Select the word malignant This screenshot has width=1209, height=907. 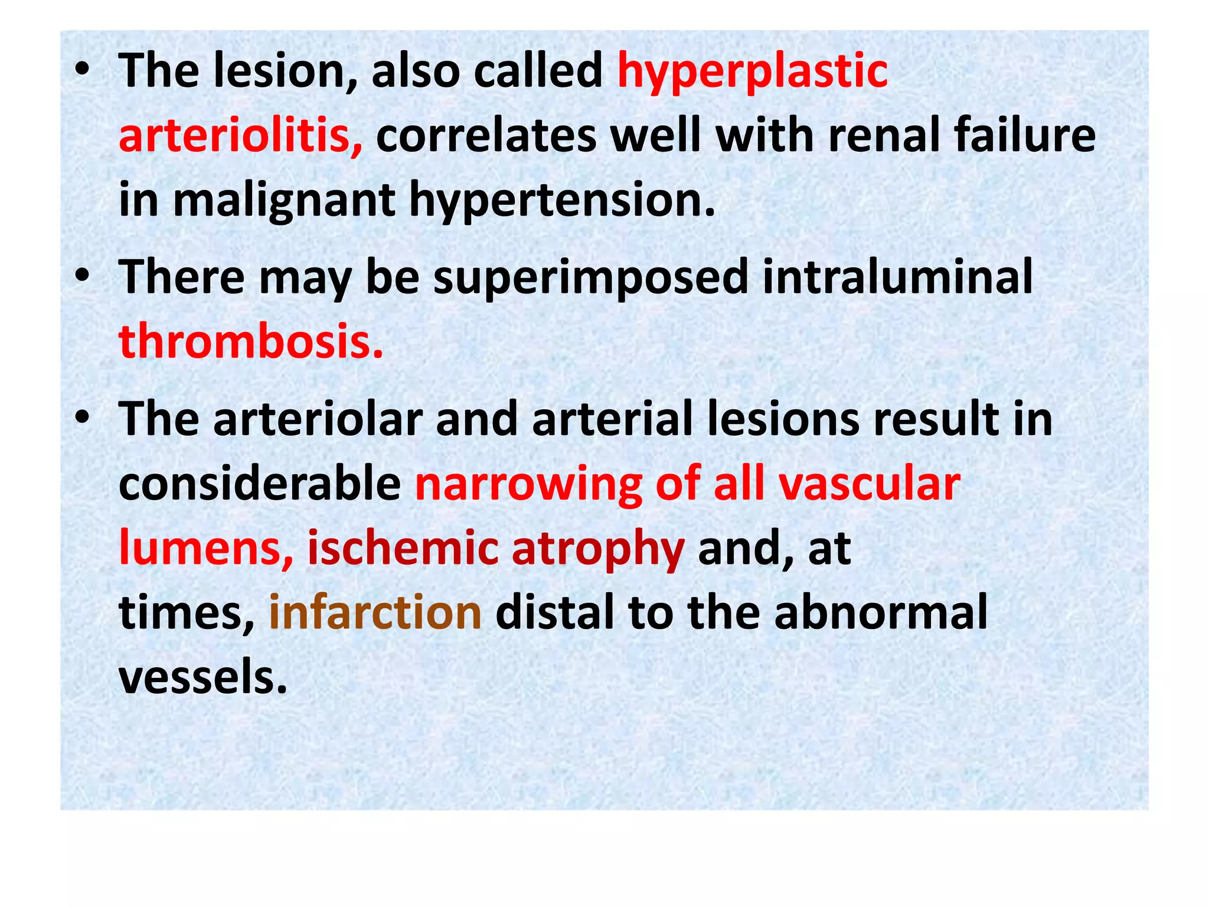coord(284,200)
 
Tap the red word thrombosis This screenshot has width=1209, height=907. coord(251,342)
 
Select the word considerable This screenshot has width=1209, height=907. coord(260,484)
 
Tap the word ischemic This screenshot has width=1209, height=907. coord(402,549)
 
